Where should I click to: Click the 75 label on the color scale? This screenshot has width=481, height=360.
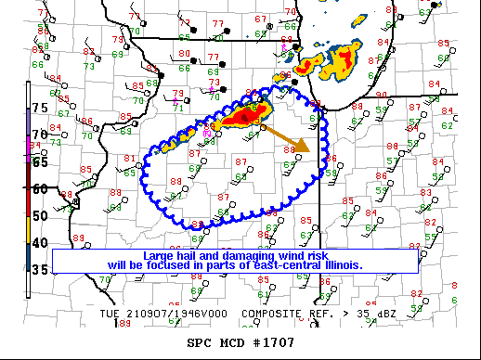click(39, 109)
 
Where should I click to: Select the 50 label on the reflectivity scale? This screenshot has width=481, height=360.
click(39, 215)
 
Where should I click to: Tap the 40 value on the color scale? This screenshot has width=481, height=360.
click(39, 243)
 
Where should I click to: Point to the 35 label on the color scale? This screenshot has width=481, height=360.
click(39, 270)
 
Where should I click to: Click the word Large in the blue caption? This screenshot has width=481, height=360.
click(160, 255)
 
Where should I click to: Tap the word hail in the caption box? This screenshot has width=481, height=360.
click(192, 255)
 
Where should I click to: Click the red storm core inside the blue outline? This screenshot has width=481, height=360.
click(247, 114)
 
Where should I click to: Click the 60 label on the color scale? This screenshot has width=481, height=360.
click(39, 188)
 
